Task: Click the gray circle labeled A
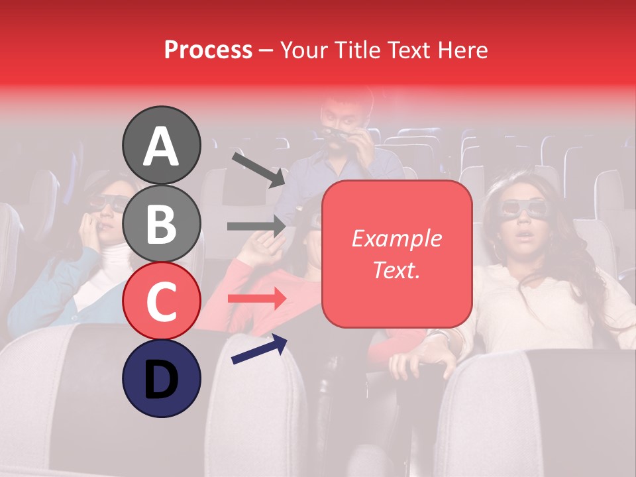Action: (162, 145)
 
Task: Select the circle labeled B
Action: (162, 223)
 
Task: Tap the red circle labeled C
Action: (162, 301)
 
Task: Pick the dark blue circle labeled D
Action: (162, 378)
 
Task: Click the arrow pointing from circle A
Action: (258, 169)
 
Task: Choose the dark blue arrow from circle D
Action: (259, 349)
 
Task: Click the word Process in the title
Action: (208, 50)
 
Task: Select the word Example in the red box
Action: (396, 238)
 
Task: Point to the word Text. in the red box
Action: (396, 270)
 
